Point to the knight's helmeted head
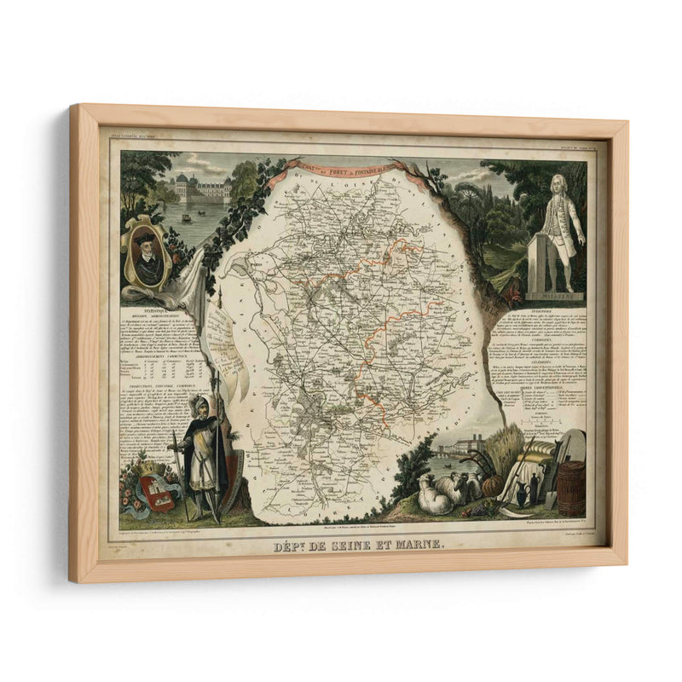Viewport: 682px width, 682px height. click(198, 404)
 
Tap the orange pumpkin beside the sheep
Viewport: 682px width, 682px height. click(493, 485)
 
